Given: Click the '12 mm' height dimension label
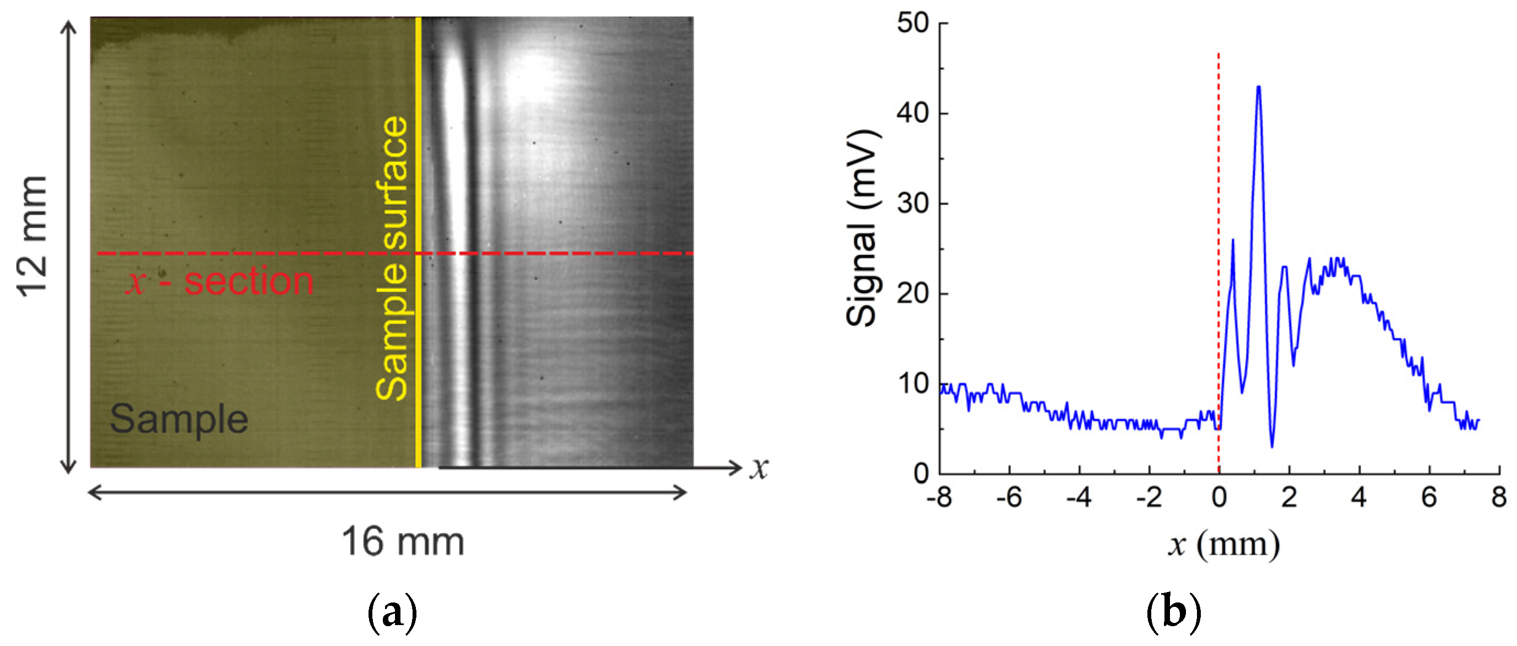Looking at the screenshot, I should click(x=32, y=236).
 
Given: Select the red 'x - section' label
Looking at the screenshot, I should click(x=220, y=281).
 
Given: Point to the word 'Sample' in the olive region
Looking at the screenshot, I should click(x=179, y=419).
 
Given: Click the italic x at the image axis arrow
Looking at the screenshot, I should click(x=760, y=469).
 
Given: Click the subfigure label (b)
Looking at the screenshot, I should click(x=1174, y=613).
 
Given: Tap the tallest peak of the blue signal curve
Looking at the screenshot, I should click(x=1259, y=87).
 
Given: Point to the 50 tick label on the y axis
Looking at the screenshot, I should click(x=912, y=24).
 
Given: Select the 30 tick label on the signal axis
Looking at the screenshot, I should click(x=912, y=204).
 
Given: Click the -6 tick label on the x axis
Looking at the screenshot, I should click(x=1009, y=498).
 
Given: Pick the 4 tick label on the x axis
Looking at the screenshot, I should click(x=1358, y=498).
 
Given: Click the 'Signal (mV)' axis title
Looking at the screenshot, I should click(x=863, y=227).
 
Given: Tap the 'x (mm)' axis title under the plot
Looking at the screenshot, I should click(x=1224, y=544).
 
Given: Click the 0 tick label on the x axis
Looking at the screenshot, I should click(x=1219, y=498).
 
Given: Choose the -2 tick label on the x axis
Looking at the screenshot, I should click(x=1148, y=498).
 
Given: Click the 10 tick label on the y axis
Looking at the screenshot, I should click(x=912, y=384).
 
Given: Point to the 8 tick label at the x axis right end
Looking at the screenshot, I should click(x=1499, y=498).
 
